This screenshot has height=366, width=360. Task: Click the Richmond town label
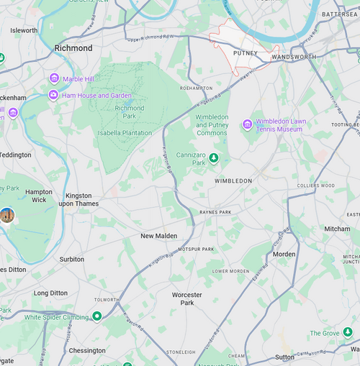(73, 48)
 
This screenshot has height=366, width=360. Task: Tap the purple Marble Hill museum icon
(54, 78)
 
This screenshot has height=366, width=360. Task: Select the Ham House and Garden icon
(53, 95)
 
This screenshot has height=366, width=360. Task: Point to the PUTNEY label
(246, 53)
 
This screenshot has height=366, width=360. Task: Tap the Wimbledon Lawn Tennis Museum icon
(247, 124)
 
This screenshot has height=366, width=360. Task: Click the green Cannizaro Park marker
(214, 157)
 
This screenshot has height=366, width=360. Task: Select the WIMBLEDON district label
(233, 181)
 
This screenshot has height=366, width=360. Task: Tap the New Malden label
(158, 236)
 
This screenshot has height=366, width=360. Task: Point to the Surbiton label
(72, 260)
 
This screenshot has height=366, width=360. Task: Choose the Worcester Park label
(187, 299)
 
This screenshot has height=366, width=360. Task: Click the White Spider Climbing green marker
(96, 316)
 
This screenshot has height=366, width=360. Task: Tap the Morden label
(284, 255)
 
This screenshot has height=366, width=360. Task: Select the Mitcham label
(337, 229)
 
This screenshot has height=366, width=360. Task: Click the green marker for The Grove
(348, 333)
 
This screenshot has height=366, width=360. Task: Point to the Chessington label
(87, 351)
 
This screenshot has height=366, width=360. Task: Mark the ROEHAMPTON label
(197, 88)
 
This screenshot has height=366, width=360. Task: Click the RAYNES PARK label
(216, 213)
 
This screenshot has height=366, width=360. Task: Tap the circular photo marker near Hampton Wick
(7, 215)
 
